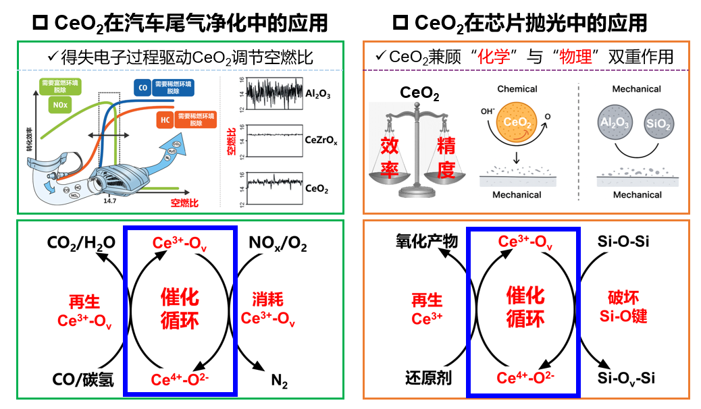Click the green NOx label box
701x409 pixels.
pos(59,105)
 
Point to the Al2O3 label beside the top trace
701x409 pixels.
pos(317,95)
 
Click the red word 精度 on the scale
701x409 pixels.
pos(446,157)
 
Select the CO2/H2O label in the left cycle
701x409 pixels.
pos(81,242)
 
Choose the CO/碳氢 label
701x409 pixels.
pos(80,379)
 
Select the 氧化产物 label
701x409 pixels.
pos(427,242)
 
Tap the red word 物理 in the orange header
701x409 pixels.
pos(575,56)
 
